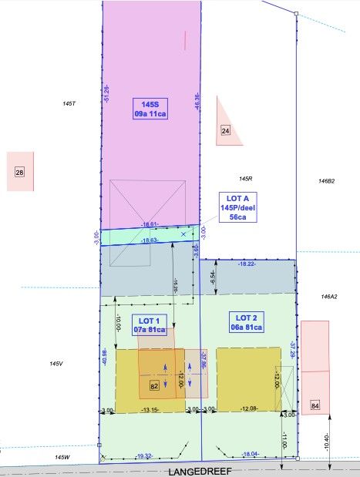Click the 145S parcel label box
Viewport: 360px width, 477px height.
150,109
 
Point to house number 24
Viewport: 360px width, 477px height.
226,131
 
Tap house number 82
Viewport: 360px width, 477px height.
154,385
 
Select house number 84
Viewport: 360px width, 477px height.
315,405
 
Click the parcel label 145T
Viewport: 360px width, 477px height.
70,102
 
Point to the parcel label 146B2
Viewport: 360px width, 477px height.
326,181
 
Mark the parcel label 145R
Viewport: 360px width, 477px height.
246,179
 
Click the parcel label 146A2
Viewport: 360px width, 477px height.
328,296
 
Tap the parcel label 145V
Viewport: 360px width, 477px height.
56,364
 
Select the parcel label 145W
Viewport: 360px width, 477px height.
62,457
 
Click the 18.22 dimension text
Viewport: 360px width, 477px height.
247,264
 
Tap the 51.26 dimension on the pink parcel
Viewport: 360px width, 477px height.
106,94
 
